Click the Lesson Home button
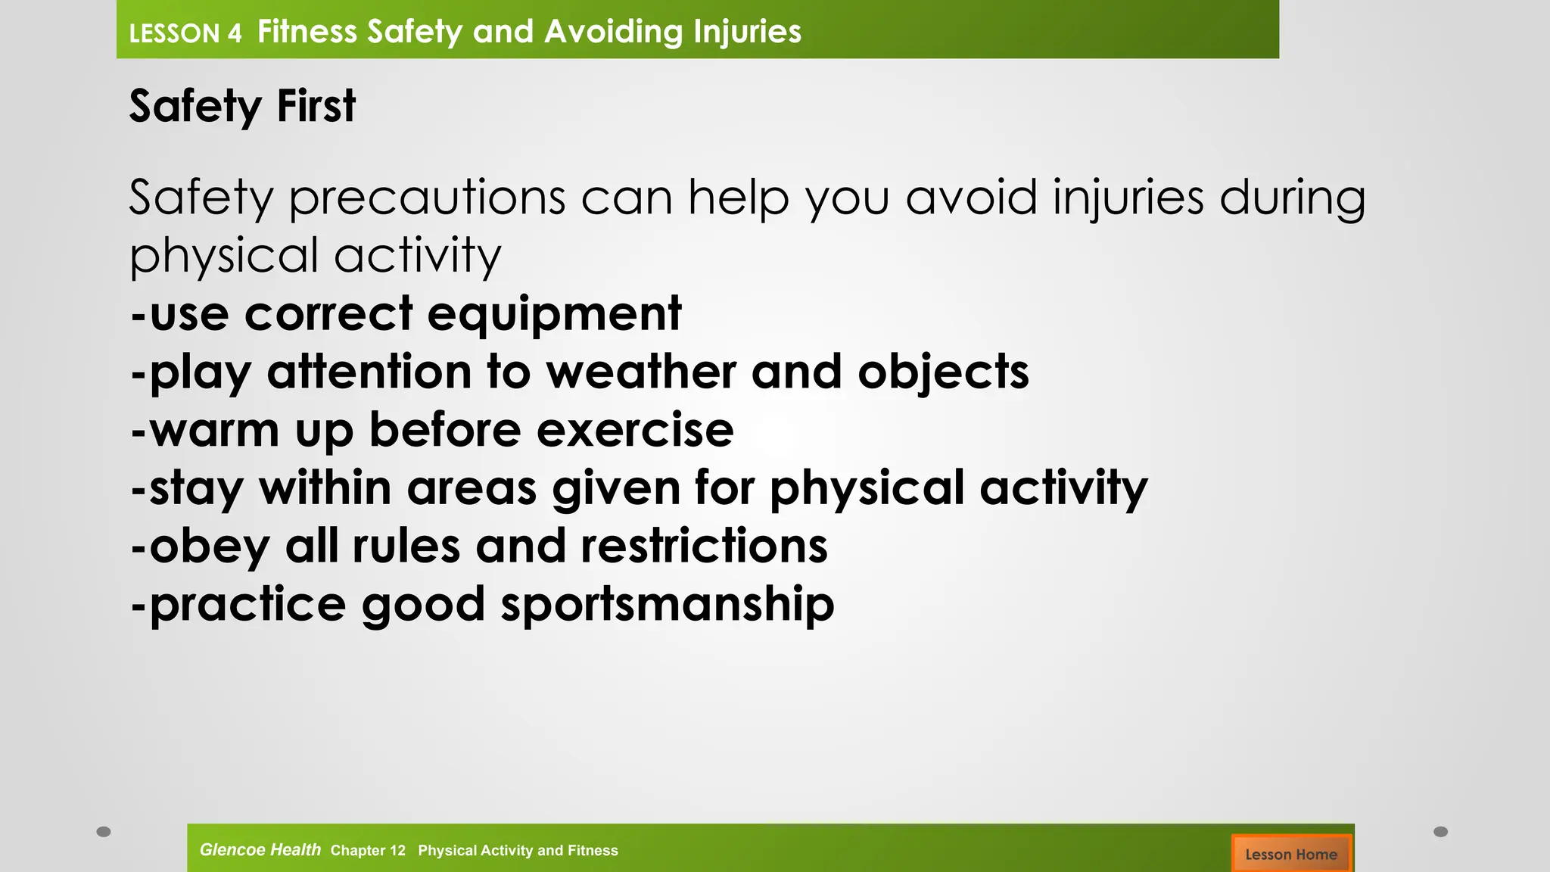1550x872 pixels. tap(1290, 854)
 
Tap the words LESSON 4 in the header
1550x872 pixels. tap(185, 34)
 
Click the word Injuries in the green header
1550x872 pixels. tap(747, 32)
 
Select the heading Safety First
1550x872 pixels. tap(242, 106)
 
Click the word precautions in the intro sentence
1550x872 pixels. tap(428, 198)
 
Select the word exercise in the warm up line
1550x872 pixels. tap(635, 430)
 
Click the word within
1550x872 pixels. tap(325, 487)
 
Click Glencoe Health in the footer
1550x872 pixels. tap(260, 850)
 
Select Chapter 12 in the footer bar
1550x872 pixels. tap(368, 851)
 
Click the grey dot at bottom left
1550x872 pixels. tap(104, 832)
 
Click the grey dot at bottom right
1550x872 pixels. tap(1441, 832)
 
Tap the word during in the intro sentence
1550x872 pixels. tap(1293, 198)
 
